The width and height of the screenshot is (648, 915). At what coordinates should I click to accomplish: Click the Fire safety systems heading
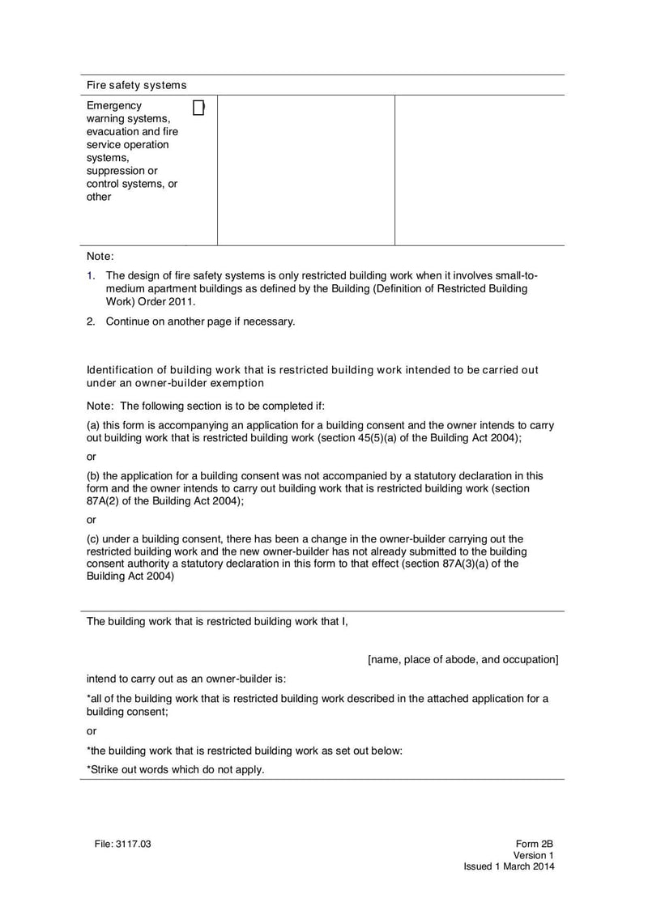tap(136, 85)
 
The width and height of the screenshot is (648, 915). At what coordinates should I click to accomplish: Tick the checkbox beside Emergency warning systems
tap(198, 108)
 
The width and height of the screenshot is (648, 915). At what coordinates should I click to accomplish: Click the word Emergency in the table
tap(113, 106)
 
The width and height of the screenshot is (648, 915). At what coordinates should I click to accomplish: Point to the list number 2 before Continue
tap(91, 321)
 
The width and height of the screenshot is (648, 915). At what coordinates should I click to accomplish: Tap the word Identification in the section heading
tap(118, 370)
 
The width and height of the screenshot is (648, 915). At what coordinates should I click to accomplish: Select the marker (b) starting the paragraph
tap(94, 475)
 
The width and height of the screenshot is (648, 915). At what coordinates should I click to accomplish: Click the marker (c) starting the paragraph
tap(94, 538)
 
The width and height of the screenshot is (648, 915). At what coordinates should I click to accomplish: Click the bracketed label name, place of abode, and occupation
tap(463, 659)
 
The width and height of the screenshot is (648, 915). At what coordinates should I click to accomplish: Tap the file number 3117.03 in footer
tap(134, 844)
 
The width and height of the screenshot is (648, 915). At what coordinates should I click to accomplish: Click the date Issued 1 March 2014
tap(509, 866)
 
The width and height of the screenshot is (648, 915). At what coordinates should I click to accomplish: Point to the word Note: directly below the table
tap(100, 256)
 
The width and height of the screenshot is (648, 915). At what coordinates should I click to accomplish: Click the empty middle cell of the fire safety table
tap(305, 170)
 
